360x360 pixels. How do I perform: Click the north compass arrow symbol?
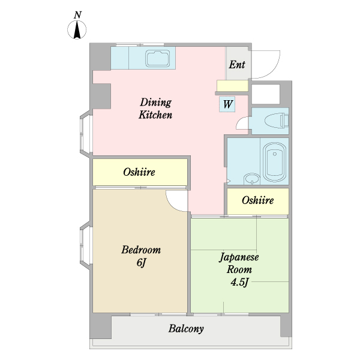(x=77, y=30)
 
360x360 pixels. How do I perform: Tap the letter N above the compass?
(x=78, y=15)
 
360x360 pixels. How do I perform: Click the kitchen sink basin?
(x=158, y=58)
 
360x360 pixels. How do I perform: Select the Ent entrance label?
(x=237, y=65)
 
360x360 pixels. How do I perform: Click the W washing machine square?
(x=227, y=104)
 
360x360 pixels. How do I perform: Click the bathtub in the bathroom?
(x=274, y=162)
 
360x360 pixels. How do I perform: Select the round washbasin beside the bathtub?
(x=252, y=179)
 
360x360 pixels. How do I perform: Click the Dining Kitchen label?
(x=155, y=109)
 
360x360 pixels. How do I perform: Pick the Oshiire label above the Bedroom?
(x=139, y=172)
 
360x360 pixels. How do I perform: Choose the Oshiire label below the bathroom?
(x=257, y=200)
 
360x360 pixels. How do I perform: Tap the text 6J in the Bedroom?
(x=141, y=263)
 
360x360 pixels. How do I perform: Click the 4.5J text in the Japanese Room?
(x=239, y=282)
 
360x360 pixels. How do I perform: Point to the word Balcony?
(x=186, y=329)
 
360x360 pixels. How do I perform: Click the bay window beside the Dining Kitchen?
(x=86, y=134)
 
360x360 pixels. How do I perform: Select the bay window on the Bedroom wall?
(x=86, y=245)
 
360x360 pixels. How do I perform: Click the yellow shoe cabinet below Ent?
(x=233, y=86)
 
